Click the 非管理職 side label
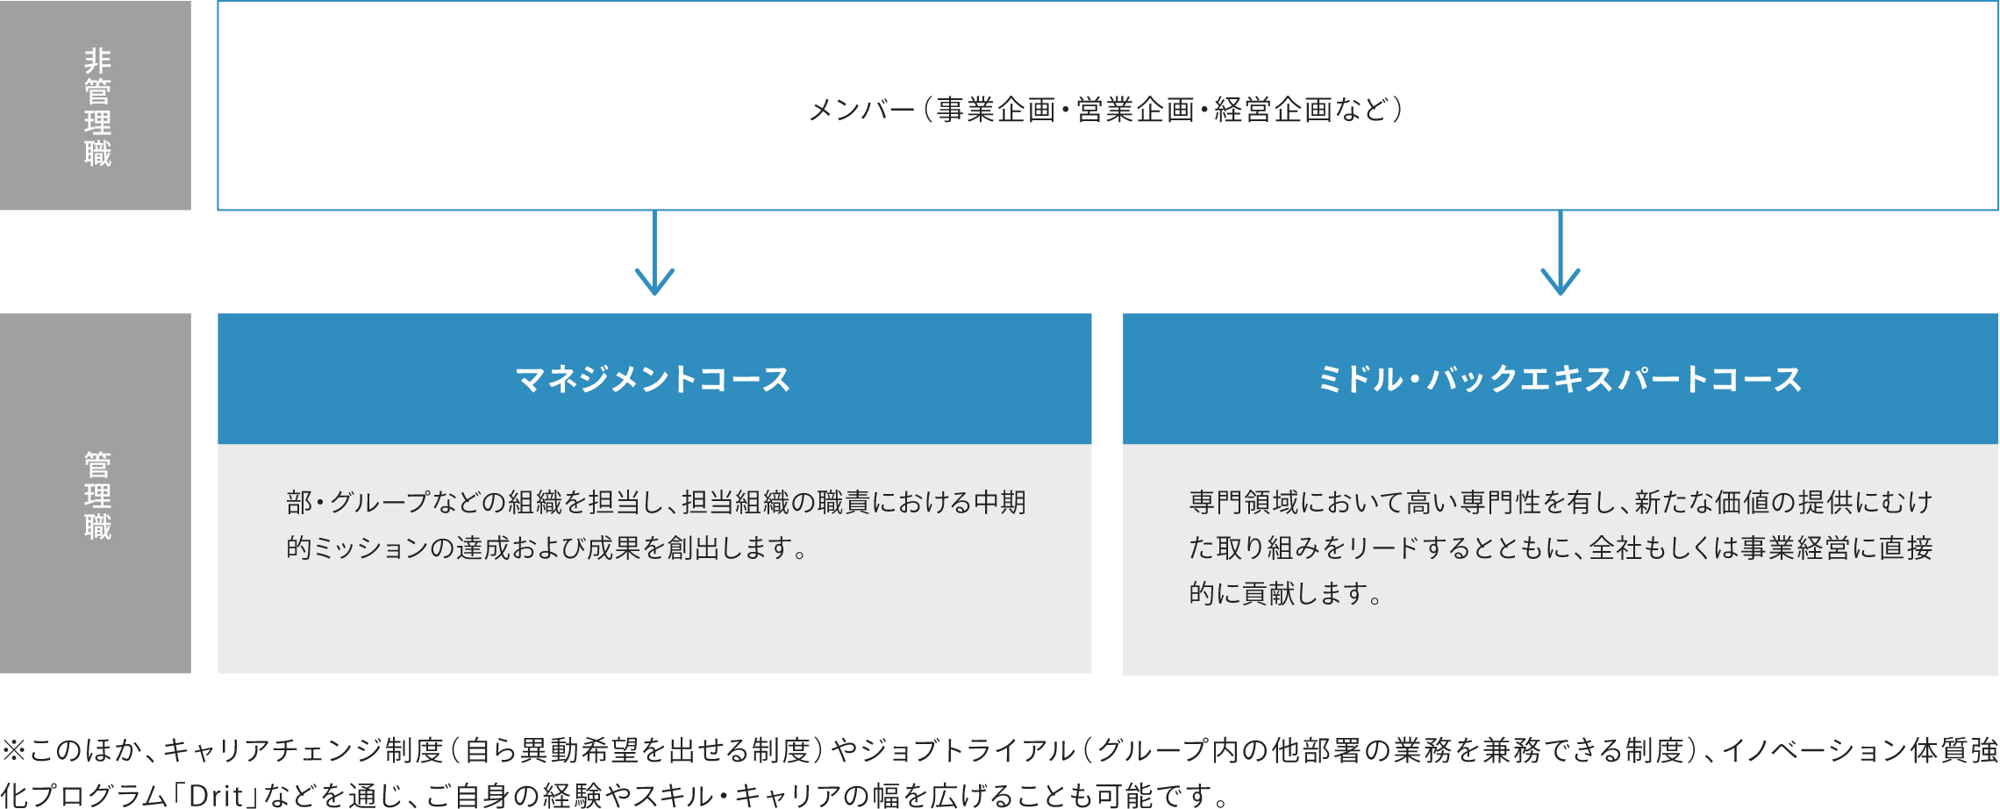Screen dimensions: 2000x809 pyautogui.click(x=97, y=107)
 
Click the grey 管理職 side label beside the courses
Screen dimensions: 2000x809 pyautogui.click(x=97, y=496)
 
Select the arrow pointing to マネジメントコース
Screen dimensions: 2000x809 pyautogui.click(x=654, y=253)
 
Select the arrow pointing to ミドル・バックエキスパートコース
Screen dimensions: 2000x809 pyautogui.click(x=1561, y=253)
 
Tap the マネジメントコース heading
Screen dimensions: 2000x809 pyautogui.click(x=654, y=379)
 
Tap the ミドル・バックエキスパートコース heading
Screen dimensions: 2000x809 pyautogui.click(x=1560, y=379)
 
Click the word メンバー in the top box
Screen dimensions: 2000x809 pyautogui.click(x=861, y=110)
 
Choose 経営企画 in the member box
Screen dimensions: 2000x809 pyautogui.click(x=1274, y=110)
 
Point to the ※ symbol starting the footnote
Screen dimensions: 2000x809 pyautogui.click(x=14, y=751)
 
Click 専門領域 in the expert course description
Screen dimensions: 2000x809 pyautogui.click(x=1244, y=503)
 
